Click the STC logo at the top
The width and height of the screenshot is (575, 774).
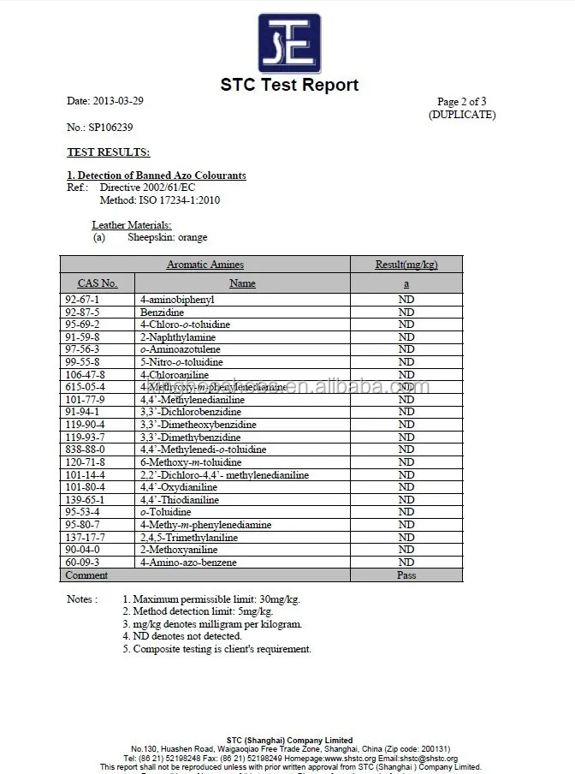[289, 43]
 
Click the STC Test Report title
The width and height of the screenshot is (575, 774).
[289, 85]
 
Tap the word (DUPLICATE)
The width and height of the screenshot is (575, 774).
[461, 115]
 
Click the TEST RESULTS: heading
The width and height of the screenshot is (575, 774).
[108, 152]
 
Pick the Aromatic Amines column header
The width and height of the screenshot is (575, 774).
[205, 265]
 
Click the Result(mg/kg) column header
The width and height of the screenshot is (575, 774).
[406, 265]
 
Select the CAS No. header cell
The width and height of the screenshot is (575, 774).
[97, 283]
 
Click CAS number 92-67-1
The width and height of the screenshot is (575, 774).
[82, 300]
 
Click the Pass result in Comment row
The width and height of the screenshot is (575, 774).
[406, 575]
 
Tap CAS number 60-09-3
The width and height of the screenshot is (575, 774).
[82, 563]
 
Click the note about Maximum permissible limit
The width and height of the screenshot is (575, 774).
[211, 599]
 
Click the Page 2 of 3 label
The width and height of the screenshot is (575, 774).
[461, 102]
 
